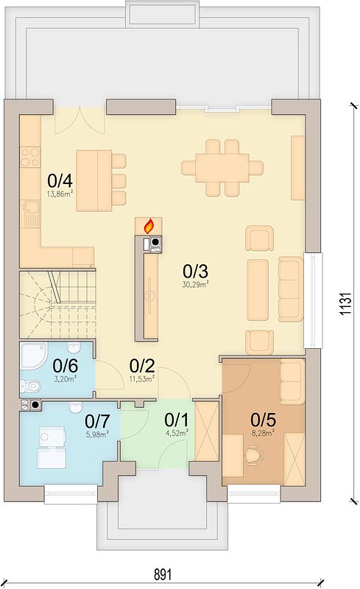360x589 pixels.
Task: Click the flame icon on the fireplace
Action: pyautogui.click(x=149, y=227)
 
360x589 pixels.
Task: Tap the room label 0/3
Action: pyautogui.click(x=195, y=271)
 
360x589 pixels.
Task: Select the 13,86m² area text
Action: pyautogui.click(x=60, y=194)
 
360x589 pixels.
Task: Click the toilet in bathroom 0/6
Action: pyautogui.click(x=30, y=385)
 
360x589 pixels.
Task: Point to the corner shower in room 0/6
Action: pyautogui.click(x=33, y=355)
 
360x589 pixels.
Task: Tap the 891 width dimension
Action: pyautogui.click(x=163, y=575)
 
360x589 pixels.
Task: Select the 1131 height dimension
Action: pyautogui.click(x=345, y=303)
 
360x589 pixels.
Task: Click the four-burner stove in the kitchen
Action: pyautogui.click(x=30, y=157)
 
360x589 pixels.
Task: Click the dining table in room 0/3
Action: pyautogui.click(x=222, y=168)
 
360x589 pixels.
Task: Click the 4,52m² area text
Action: pyautogui.click(x=177, y=433)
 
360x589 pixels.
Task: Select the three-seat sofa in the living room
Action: pyautogui.click(x=291, y=289)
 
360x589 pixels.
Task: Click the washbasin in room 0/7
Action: pyautogui.click(x=77, y=407)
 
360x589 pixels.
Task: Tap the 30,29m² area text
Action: pyautogui.click(x=195, y=285)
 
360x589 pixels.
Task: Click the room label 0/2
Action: pyautogui.click(x=142, y=365)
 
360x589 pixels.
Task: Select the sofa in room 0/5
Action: pyautogui.click(x=292, y=381)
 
